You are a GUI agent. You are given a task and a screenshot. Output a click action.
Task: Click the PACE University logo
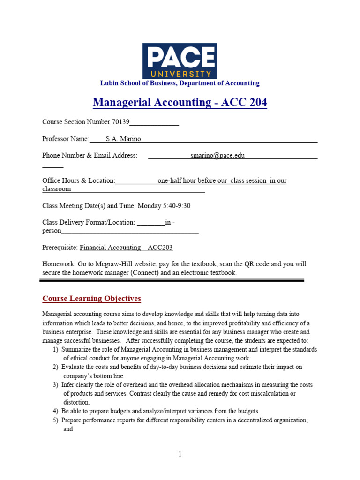[x=180, y=61]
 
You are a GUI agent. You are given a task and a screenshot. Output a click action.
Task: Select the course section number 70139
[x=120, y=122]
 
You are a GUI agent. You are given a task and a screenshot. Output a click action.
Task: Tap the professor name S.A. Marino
[x=123, y=139]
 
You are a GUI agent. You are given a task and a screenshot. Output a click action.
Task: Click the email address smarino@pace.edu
[x=217, y=155]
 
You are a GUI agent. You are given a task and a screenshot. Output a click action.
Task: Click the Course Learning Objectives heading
[x=91, y=299]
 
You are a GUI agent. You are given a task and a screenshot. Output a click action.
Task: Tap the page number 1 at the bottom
[x=180, y=454]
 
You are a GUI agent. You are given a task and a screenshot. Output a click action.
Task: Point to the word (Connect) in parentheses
[x=144, y=272]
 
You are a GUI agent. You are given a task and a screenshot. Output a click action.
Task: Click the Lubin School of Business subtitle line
[x=180, y=83]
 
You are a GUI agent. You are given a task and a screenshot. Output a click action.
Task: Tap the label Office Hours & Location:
[x=78, y=180]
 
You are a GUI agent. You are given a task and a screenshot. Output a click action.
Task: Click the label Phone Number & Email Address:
[x=90, y=155]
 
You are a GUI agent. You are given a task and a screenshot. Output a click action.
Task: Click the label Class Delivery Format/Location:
[x=89, y=222]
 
